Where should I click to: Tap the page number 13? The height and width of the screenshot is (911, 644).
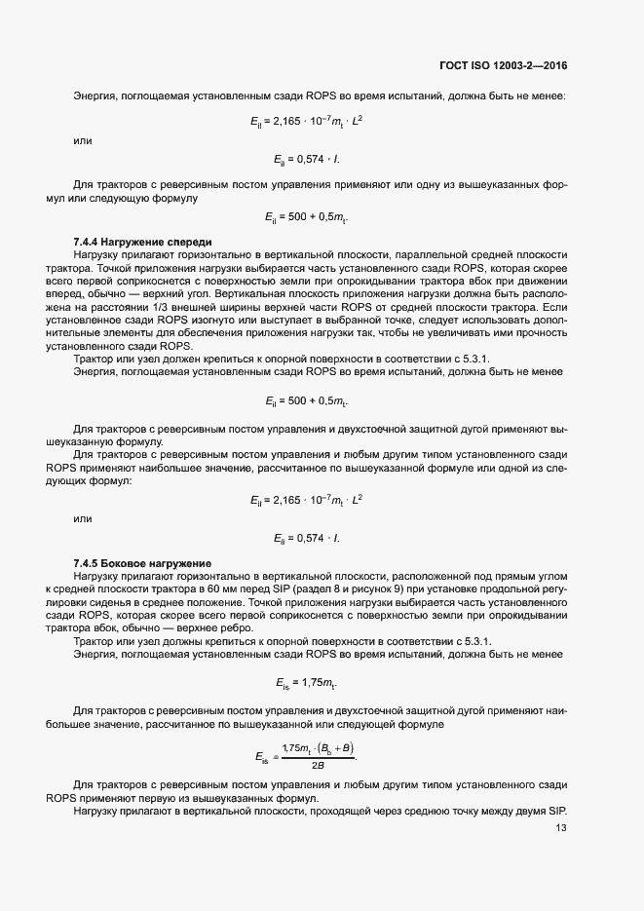click(560, 828)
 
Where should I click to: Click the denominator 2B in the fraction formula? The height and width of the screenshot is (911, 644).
click(318, 764)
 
